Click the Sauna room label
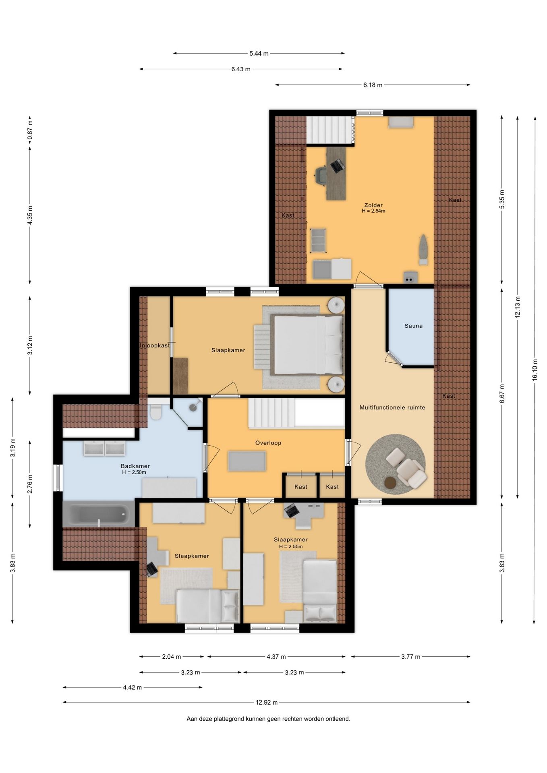click(413, 326)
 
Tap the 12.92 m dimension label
click(266, 702)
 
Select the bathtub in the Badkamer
click(99, 514)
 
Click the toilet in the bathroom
click(155, 412)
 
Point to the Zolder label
click(373, 205)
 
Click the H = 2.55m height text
click(291, 546)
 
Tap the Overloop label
click(268, 443)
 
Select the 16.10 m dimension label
click(535, 370)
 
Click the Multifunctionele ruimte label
click(392, 407)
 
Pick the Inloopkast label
click(155, 345)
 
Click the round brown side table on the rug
click(390, 483)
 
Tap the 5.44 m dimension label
click(259, 53)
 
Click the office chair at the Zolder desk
click(322, 176)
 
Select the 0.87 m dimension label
click(30, 131)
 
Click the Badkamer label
click(135, 466)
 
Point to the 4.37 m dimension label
click(276, 657)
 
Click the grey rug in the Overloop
click(247, 461)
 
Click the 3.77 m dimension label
click(410, 657)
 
